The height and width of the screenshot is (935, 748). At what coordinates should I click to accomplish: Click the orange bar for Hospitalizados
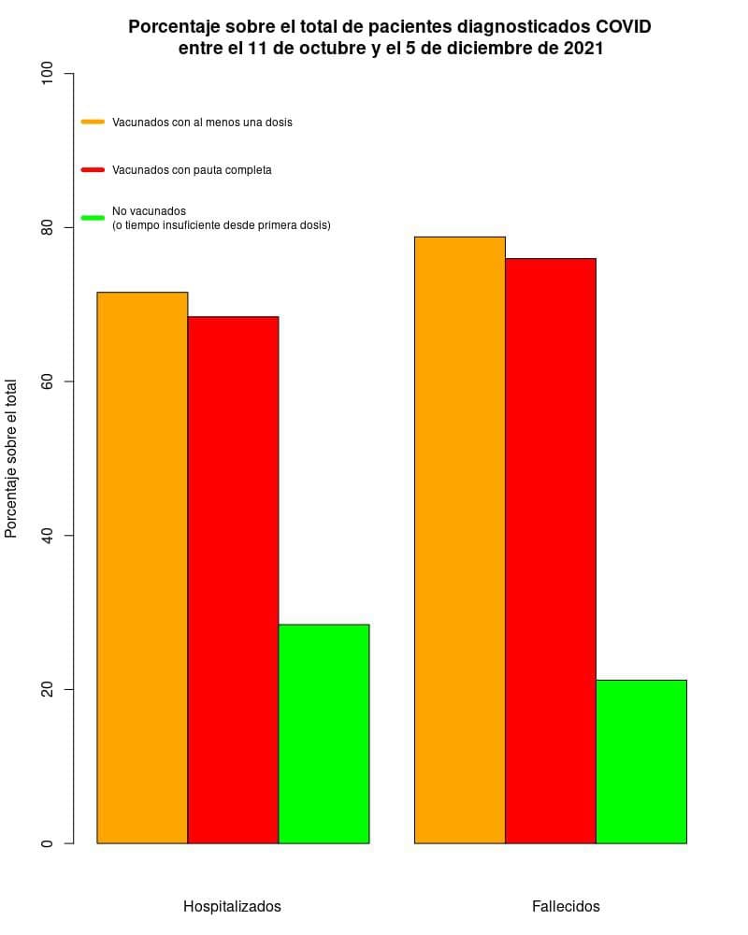point(142,568)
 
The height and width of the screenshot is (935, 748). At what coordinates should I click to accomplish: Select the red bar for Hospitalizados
point(233,580)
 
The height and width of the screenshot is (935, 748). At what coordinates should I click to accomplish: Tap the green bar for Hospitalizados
point(324,734)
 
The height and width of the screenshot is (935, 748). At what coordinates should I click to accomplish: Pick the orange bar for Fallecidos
point(460,539)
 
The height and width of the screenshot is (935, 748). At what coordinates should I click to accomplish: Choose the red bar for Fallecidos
point(551,551)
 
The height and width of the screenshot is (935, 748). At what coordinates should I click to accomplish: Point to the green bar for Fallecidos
point(641,761)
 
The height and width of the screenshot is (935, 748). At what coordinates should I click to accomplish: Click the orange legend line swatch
point(93,122)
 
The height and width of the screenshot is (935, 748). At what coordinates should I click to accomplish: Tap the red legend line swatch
point(93,170)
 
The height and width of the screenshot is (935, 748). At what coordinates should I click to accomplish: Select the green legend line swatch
point(93,218)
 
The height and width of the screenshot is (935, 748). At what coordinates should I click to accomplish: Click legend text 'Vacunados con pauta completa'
point(192,170)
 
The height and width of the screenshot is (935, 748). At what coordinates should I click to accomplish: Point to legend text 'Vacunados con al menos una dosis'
point(202,122)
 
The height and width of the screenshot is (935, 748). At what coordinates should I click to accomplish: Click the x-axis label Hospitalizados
point(232,906)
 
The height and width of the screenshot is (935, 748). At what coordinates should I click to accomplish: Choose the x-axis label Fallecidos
point(566,906)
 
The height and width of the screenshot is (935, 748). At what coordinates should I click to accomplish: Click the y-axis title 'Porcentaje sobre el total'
point(11,458)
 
